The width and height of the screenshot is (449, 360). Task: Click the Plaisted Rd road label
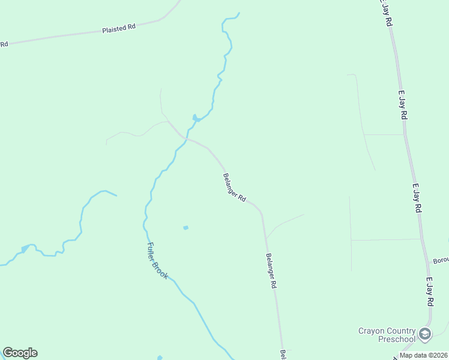click(119, 28)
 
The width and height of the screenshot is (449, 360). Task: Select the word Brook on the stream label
click(161, 271)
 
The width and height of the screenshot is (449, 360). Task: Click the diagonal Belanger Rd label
click(235, 187)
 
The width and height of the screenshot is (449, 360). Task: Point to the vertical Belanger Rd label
click(270, 271)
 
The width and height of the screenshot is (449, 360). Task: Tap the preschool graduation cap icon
click(425, 334)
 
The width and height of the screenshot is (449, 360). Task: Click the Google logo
click(20, 353)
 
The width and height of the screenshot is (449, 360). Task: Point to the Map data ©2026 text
click(423, 355)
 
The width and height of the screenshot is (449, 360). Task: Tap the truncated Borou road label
click(440, 262)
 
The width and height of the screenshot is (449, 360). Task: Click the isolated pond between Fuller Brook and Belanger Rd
click(185, 227)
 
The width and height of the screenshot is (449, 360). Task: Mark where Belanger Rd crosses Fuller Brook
click(184, 138)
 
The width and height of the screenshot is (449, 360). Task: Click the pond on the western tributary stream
click(25, 248)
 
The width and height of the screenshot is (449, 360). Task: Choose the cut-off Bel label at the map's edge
click(282, 355)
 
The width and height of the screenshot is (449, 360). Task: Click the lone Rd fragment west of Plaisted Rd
click(4, 44)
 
